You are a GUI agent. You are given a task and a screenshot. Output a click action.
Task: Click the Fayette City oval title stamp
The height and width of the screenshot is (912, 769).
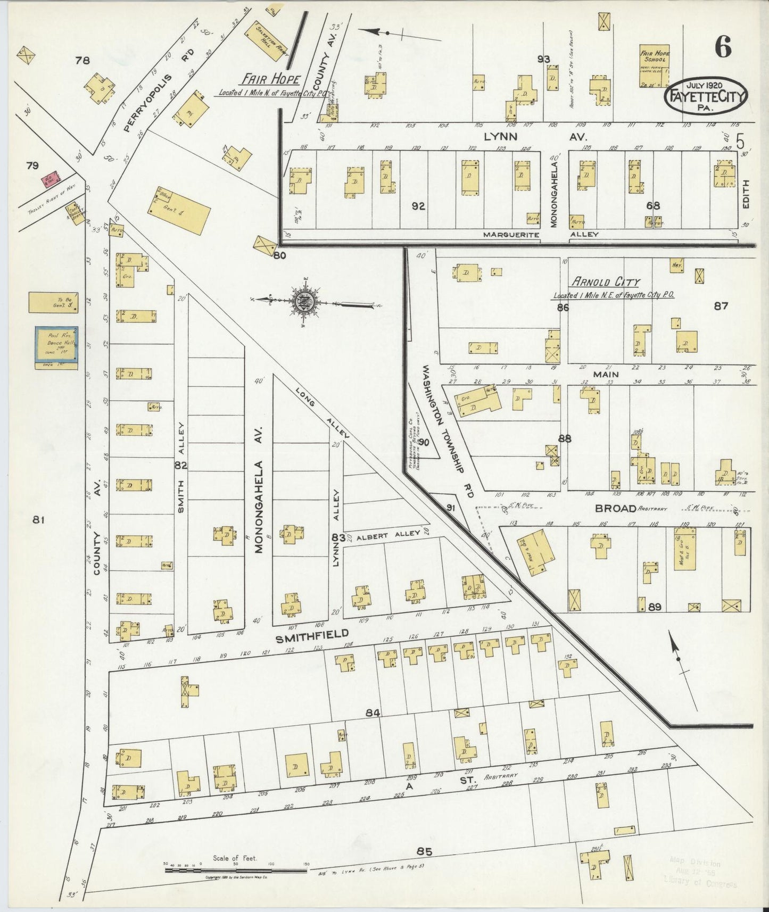click(706, 96)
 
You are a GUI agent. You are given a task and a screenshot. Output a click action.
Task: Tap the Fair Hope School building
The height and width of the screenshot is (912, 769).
click(654, 66)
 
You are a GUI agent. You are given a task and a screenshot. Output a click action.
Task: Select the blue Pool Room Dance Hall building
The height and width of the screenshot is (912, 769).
click(57, 347)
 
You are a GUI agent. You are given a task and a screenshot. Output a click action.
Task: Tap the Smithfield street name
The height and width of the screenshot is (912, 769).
click(312, 634)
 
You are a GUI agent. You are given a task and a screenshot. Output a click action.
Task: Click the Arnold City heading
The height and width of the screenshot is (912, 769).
click(606, 282)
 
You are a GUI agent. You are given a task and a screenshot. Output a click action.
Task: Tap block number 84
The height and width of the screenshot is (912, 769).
click(373, 712)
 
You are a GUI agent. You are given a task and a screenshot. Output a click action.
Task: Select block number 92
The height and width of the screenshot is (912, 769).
click(418, 206)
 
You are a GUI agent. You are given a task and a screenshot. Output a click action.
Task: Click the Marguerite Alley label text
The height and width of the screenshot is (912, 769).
click(511, 235)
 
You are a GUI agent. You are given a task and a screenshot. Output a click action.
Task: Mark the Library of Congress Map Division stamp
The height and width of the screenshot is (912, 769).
click(703, 873)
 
